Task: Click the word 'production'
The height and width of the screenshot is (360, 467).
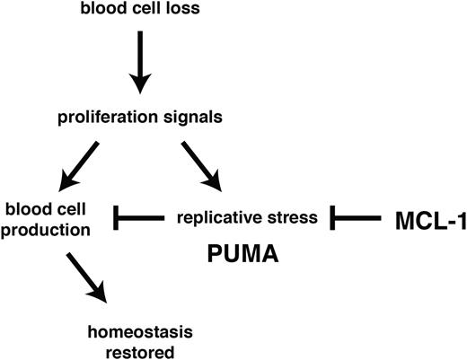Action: [x=45, y=231]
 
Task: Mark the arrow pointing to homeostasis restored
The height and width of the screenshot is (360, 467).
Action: [x=86, y=278]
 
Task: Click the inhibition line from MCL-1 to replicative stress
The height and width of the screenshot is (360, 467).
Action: [x=359, y=216]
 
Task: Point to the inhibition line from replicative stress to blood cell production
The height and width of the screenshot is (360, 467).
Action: [x=139, y=216]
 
